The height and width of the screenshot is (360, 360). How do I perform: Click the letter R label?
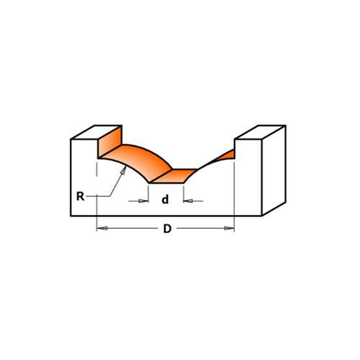[80, 197]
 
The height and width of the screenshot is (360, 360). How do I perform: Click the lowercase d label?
[165, 199]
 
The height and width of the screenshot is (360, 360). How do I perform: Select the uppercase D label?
[167, 229]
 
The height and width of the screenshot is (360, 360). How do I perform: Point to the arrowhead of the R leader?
[124, 170]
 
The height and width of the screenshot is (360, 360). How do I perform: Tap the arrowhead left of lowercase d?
[143, 201]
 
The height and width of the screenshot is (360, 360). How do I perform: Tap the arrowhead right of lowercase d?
[188, 201]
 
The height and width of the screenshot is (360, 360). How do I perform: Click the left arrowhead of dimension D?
[102, 228]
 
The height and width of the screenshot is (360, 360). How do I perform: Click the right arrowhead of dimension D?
[229, 228]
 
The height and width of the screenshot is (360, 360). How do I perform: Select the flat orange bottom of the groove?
[174, 176]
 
